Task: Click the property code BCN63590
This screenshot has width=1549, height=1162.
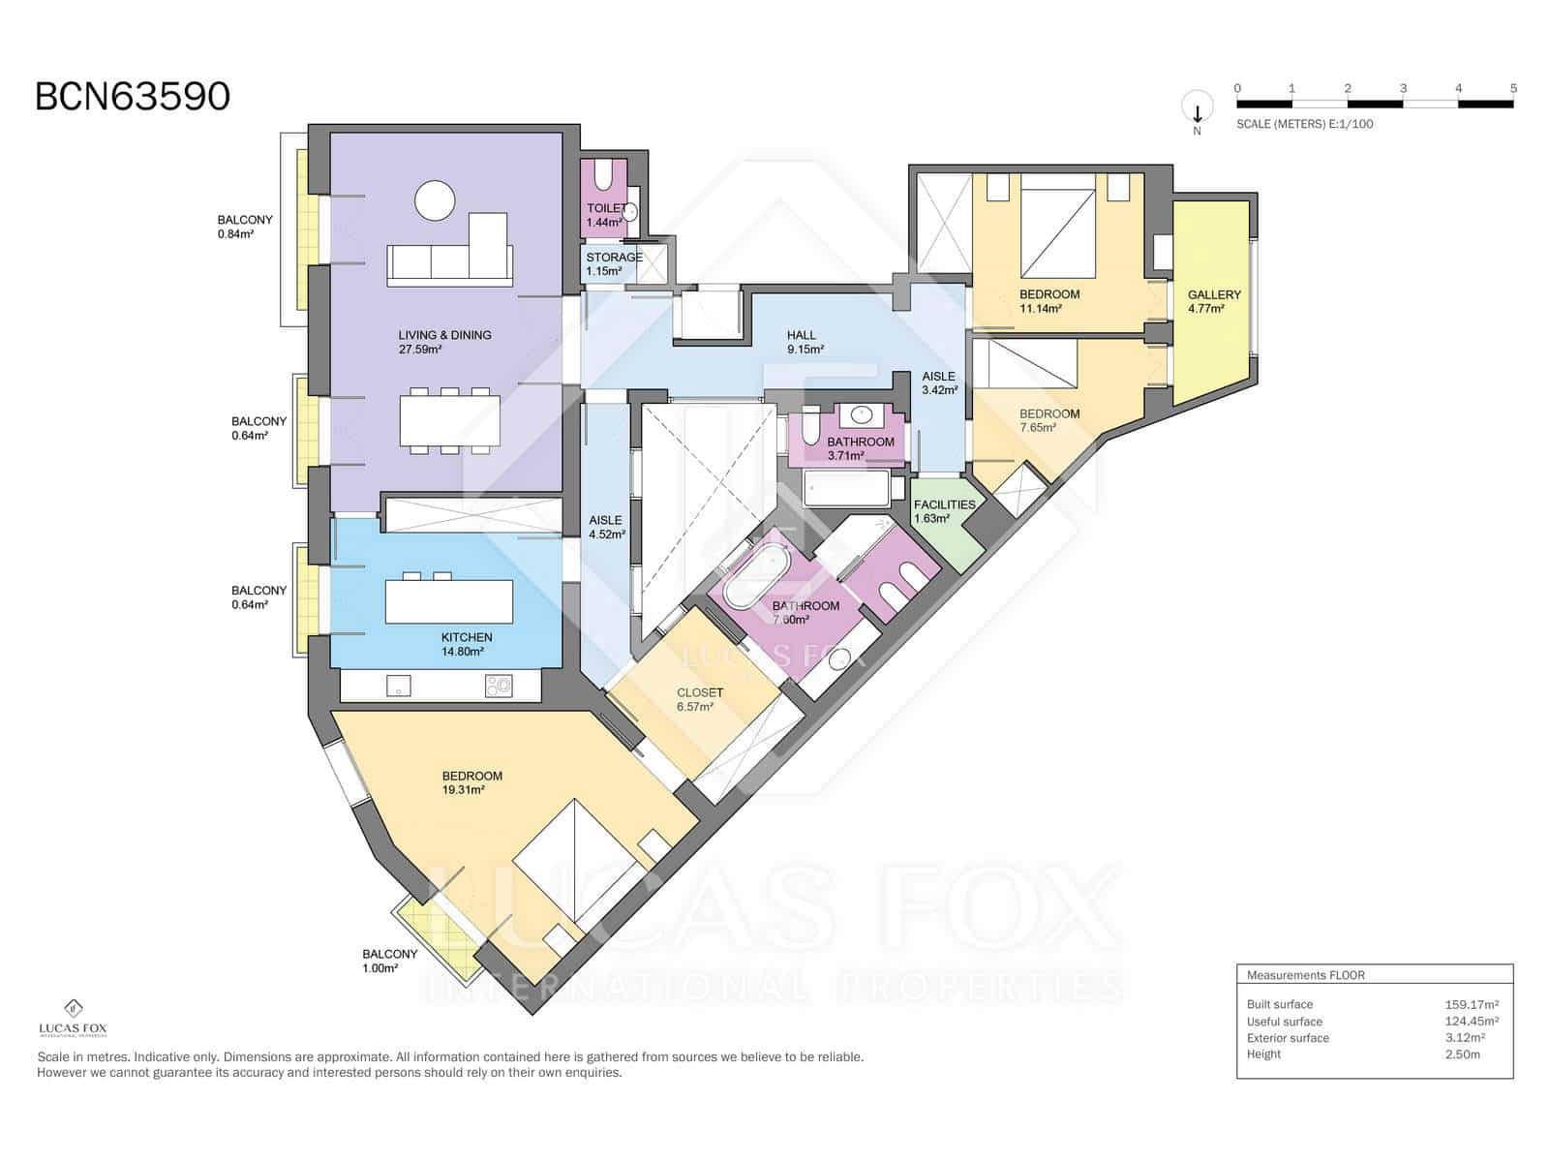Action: point(133,97)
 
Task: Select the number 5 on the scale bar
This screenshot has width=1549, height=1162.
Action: point(1513,88)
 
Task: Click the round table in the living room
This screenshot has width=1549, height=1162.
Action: point(434,201)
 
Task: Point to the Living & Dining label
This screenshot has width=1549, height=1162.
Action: point(444,342)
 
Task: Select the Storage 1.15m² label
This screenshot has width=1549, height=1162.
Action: point(614,263)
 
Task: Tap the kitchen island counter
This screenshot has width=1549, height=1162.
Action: point(448,601)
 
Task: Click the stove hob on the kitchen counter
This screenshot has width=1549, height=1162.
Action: point(500,687)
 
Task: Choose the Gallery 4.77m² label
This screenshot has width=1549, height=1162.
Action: point(1214,301)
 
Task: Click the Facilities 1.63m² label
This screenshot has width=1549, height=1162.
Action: point(944,510)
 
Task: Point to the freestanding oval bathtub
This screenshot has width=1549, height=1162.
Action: point(760,578)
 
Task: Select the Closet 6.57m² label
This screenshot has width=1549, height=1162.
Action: point(699,699)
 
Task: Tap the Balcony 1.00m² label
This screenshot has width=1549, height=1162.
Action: point(389,961)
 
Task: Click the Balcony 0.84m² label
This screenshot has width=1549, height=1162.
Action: point(244,227)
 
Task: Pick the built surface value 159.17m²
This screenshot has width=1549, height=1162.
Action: point(1472,1004)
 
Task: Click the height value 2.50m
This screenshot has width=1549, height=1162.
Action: point(1462,1054)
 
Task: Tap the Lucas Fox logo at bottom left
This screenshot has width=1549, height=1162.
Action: point(73,1017)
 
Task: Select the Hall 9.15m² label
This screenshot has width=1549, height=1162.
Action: point(804,342)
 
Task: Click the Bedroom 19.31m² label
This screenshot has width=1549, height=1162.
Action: point(471,782)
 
